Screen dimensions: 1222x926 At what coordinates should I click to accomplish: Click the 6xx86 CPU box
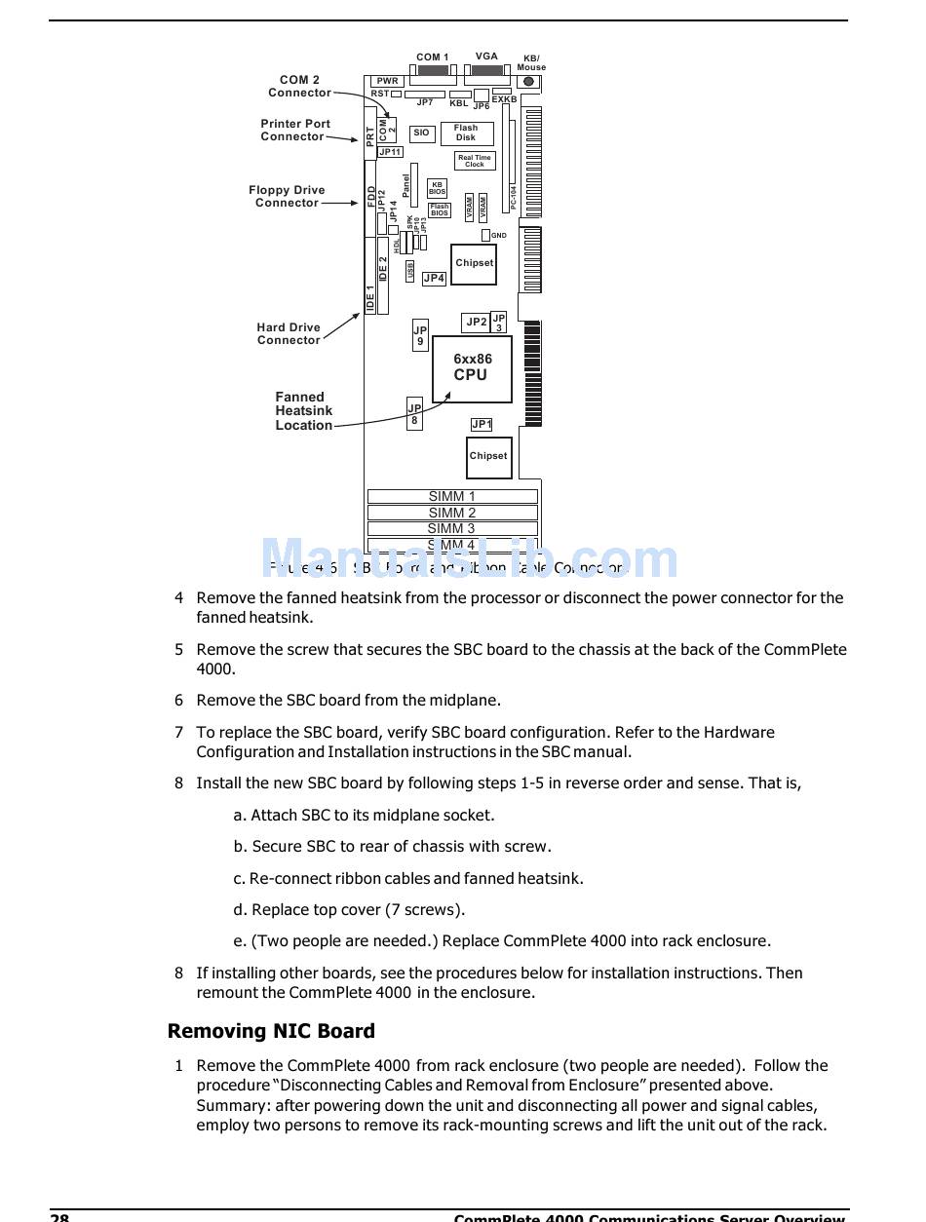[x=472, y=368]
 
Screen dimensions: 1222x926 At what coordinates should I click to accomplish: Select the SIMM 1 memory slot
[x=452, y=496]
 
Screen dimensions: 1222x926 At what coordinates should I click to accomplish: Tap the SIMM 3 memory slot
[x=452, y=528]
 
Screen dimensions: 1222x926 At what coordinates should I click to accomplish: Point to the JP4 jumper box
[x=434, y=279]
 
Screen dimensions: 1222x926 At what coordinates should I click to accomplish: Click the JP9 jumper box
[x=420, y=335]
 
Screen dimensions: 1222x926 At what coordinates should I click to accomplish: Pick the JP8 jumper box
[x=414, y=414]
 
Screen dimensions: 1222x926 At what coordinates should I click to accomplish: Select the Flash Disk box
[x=466, y=133]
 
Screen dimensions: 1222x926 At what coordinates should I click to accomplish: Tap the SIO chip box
[x=421, y=133]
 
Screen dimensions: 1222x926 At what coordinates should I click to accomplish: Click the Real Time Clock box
[x=475, y=161]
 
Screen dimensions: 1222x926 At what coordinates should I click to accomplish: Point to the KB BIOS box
[x=437, y=188]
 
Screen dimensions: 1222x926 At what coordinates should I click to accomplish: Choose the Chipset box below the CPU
[x=488, y=456]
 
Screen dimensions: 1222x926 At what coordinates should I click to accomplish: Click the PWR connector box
[x=387, y=81]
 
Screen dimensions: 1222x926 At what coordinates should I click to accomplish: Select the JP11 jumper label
[x=390, y=152]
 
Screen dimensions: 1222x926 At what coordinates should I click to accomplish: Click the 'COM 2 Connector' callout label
[x=299, y=87]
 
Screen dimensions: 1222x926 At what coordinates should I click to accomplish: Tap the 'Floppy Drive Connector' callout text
[x=287, y=197]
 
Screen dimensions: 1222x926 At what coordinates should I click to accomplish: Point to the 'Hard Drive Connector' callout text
[x=289, y=334]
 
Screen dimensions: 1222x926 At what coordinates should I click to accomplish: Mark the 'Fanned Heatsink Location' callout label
[x=303, y=411]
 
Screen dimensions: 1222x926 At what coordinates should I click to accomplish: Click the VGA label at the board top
[x=486, y=57]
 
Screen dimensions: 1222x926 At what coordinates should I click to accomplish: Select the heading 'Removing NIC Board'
[x=271, y=1031]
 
